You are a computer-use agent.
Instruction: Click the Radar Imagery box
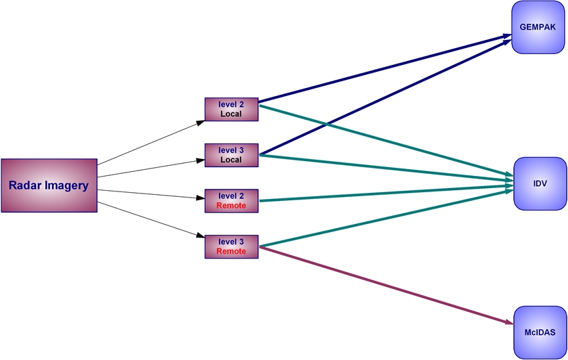[49, 185]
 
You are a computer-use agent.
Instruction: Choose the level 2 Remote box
[232, 200]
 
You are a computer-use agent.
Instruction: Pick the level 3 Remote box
[232, 246]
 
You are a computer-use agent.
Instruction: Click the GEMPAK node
[538, 27]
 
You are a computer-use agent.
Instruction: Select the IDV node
[540, 183]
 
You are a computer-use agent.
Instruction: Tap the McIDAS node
[540, 332]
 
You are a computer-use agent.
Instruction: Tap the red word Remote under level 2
[231, 206]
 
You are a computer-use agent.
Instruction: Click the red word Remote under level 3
[231, 252]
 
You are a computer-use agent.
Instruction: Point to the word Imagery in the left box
[66, 185]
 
